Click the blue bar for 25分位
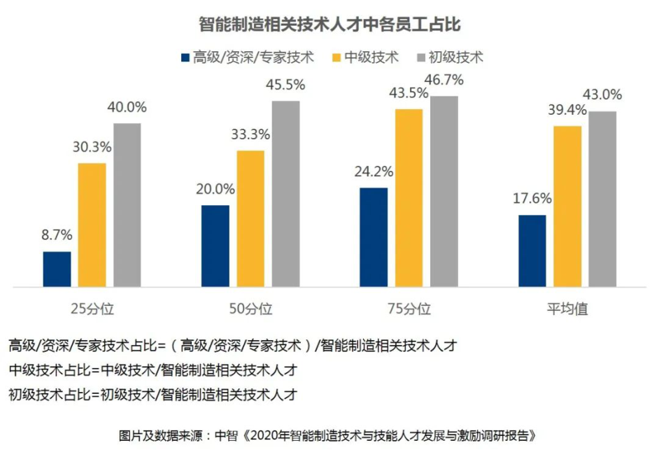[57, 269]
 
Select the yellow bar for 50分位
[250, 218]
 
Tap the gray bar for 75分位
[444, 191]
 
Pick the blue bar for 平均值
[532, 251]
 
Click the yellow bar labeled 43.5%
[409, 197]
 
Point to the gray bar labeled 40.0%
[127, 204]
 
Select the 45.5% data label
[285, 85]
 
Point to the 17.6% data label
[532, 198]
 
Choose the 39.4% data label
[567, 109]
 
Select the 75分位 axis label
[409, 309]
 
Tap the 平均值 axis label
[567, 309]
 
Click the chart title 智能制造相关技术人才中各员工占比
[329, 24]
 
